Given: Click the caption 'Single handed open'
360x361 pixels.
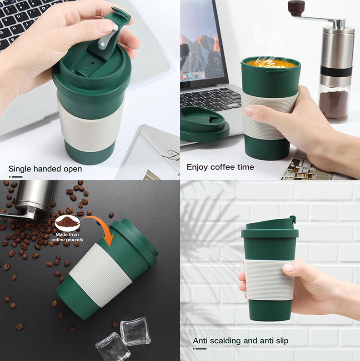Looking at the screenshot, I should [x=45, y=169].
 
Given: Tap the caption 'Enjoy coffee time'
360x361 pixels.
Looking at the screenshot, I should [x=220, y=167].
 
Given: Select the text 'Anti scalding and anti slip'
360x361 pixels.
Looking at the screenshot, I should [x=240, y=341].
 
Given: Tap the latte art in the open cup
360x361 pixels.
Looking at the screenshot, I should [x=271, y=64].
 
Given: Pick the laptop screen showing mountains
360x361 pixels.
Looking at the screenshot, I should [x=200, y=41].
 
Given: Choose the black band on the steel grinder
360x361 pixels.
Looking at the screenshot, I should [x=336, y=71].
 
